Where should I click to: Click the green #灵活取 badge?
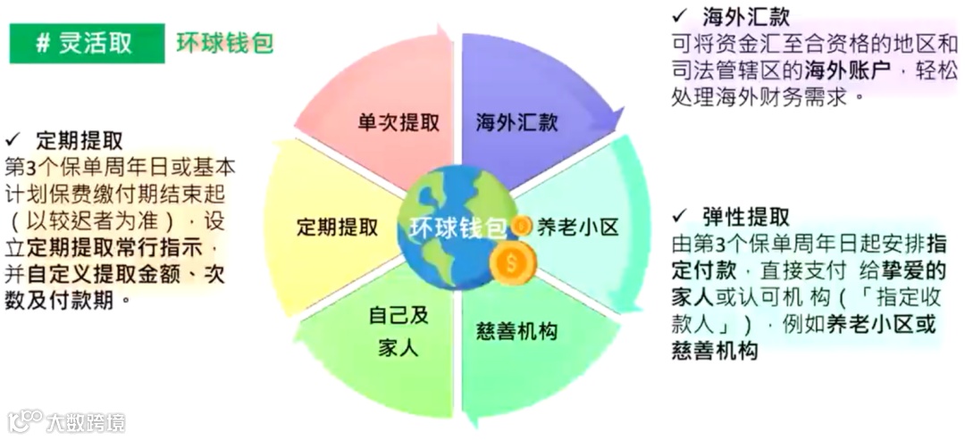(x=87, y=43)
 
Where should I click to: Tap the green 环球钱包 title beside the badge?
(x=224, y=43)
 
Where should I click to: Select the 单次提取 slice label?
(x=399, y=122)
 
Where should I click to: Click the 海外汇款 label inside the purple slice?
(x=517, y=122)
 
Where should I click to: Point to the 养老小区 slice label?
(x=577, y=227)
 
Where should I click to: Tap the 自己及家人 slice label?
(x=399, y=330)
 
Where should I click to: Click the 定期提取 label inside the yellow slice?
(x=338, y=227)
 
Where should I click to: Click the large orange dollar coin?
(x=510, y=264)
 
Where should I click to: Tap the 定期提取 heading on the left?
(x=80, y=141)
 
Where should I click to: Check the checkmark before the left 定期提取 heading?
(x=13, y=140)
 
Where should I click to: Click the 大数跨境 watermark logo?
(x=67, y=420)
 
